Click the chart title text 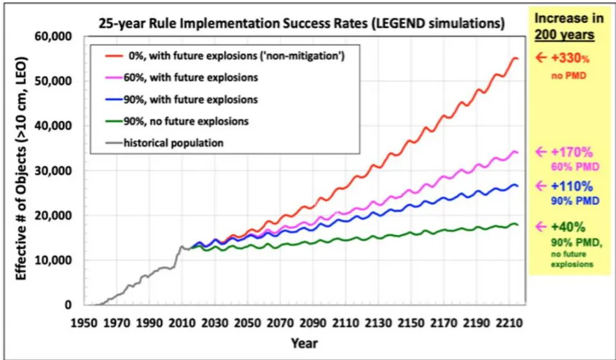coord(302,23)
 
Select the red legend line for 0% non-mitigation coord(114,56)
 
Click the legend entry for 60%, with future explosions coord(182,78)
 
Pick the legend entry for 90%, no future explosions coord(177,121)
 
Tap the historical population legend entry coord(164,142)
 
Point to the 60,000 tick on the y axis coord(55,37)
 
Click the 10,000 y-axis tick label coord(55,260)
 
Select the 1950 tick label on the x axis coord(84,323)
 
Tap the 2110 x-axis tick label coord(346,323)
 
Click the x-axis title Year coord(304,343)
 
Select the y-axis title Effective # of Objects coord(21,169)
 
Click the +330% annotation coord(570,58)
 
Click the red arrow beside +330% coord(541,58)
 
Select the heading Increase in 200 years coord(565,26)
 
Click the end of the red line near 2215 coord(518,58)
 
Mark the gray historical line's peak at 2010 coord(182,246)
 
